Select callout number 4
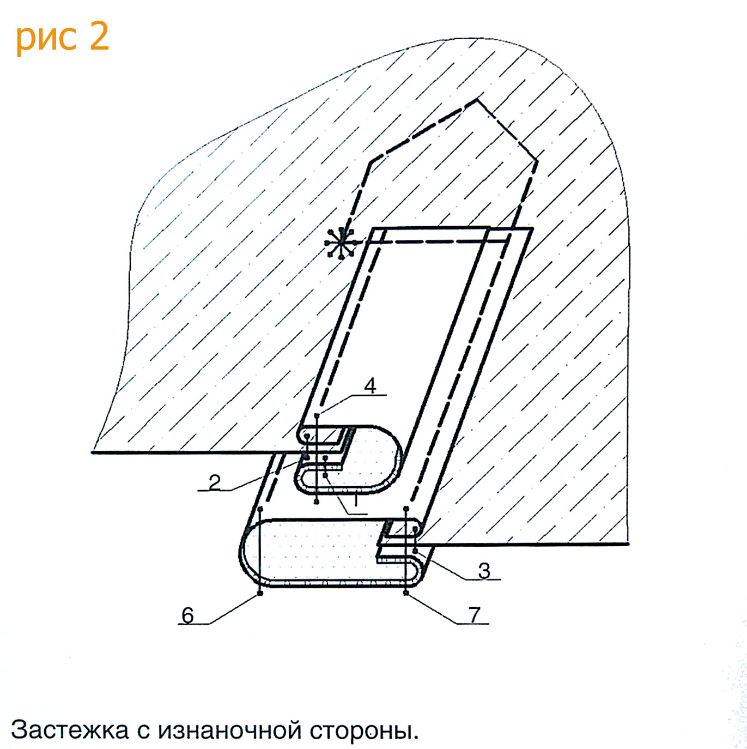coord(370,386)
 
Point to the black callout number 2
coord(215,482)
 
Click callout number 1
coord(356,499)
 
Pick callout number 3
coord(484,571)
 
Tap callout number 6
coord(187,615)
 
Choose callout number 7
coord(475,614)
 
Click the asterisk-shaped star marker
coord(341,242)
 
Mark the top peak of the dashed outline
coord(477,99)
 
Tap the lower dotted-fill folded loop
coord(316,553)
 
